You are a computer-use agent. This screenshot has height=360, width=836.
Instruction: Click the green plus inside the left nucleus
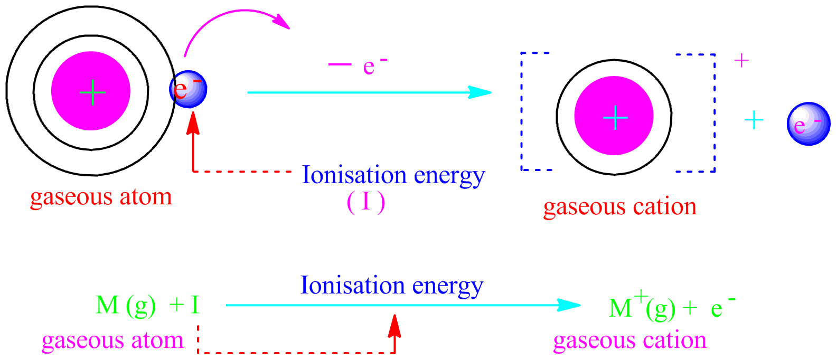click(92, 92)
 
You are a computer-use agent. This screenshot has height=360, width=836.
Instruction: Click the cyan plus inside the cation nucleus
click(615, 117)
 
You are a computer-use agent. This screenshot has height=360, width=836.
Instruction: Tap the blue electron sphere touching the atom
click(188, 89)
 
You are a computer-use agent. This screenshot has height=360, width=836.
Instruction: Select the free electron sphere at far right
click(808, 124)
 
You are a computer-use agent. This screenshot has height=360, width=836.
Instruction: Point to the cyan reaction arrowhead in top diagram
click(481, 92)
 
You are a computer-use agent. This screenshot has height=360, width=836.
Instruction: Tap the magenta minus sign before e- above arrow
click(340, 64)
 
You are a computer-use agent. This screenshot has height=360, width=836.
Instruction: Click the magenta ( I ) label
click(366, 203)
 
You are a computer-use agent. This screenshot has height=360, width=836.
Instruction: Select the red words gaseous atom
click(101, 197)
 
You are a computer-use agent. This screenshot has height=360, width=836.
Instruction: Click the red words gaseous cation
click(619, 207)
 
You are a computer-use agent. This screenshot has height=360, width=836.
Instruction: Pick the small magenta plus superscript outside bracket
click(741, 61)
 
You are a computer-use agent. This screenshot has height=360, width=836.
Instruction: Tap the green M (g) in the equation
click(125, 306)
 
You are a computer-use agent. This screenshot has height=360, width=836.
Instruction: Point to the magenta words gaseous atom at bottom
click(112, 341)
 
